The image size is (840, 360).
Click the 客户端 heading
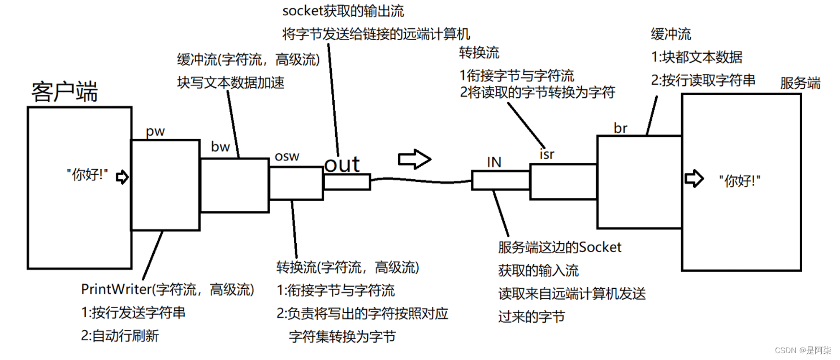point(64,92)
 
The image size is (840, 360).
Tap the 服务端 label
point(800,84)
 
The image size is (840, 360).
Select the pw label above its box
point(155,132)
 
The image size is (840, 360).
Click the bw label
point(220,148)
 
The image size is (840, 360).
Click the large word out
point(342,164)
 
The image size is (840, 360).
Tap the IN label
point(494,163)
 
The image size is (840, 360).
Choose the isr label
point(547,154)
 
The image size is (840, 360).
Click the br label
point(620,128)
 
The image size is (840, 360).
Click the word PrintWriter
point(116,290)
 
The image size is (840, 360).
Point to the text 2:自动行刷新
point(120,336)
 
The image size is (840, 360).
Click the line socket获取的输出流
point(343,11)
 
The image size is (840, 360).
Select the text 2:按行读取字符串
point(703,80)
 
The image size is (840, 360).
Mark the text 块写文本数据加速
point(231,83)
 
